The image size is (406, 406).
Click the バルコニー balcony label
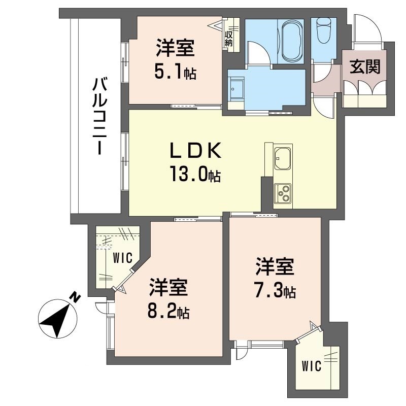click(x=98, y=116)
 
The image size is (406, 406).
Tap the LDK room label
click(x=195, y=151)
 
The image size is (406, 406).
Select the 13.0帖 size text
click(x=195, y=176)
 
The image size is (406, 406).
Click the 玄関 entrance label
click(x=364, y=66)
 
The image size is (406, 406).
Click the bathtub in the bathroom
click(x=291, y=40)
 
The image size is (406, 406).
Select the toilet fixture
click(x=323, y=32)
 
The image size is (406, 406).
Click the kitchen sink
click(x=282, y=158)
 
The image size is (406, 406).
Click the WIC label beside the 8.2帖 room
click(x=122, y=258)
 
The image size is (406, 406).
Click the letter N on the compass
click(x=75, y=297)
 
